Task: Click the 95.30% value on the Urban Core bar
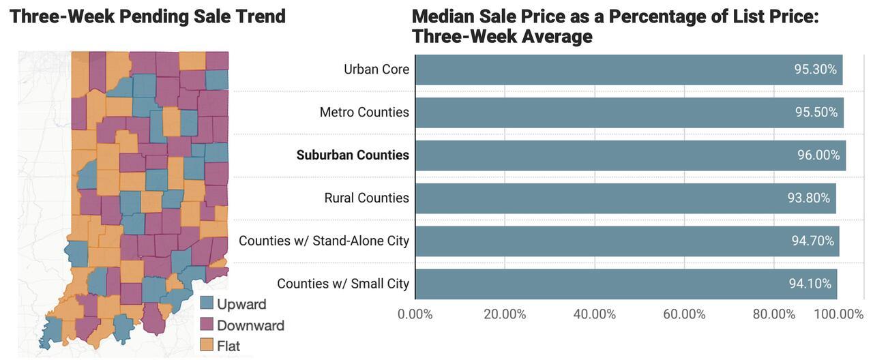pyautogui.click(x=815, y=70)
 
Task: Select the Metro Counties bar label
pyautogui.click(x=364, y=112)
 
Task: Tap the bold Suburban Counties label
pyautogui.click(x=353, y=155)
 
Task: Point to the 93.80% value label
pyautogui.click(x=808, y=198)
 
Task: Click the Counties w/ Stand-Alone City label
pyautogui.click(x=324, y=241)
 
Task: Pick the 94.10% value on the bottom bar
pyautogui.click(x=810, y=284)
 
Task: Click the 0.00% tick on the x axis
pyautogui.click(x=415, y=314)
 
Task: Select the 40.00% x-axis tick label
pyautogui.click(x=594, y=314)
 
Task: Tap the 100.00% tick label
pyautogui.click(x=838, y=314)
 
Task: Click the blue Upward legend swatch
pyautogui.click(x=206, y=304)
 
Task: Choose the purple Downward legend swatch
pyautogui.click(x=206, y=325)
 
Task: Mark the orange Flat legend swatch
pyautogui.click(x=206, y=346)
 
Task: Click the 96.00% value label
pyautogui.click(x=818, y=155)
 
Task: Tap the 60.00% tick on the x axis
pyautogui.click(x=683, y=314)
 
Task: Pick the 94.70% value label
pyautogui.click(x=812, y=241)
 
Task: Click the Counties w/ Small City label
pyautogui.click(x=343, y=284)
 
